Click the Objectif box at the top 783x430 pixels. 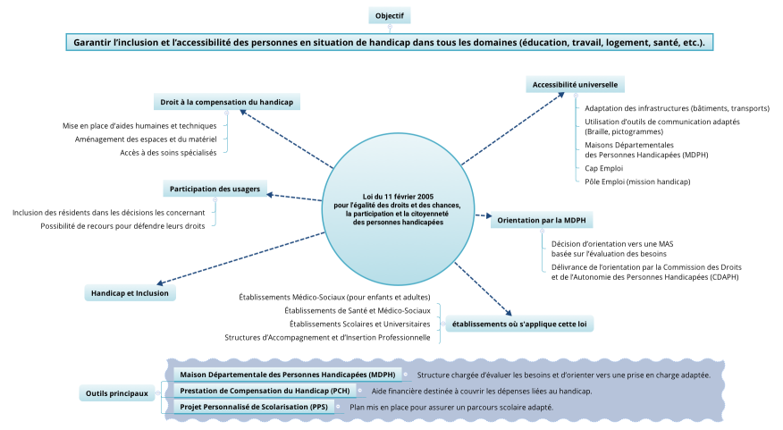[390, 16]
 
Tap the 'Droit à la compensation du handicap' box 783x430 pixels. [226, 102]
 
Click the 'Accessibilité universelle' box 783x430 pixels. [575, 85]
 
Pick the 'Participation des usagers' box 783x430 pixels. [215, 189]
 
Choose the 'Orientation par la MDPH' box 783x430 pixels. [543, 219]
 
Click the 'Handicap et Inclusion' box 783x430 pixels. [130, 292]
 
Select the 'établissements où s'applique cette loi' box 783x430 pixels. [522, 324]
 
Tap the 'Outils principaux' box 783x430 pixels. [117, 392]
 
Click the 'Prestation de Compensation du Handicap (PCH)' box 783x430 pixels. [265, 391]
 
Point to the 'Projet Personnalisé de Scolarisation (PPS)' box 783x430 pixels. [254, 407]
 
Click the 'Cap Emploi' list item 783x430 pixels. [603, 167]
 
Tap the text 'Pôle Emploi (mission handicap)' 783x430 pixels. [625, 181]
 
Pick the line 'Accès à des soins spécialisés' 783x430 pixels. [168, 153]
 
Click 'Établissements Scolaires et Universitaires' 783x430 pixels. [359, 324]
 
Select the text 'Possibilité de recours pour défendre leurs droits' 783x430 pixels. [122, 226]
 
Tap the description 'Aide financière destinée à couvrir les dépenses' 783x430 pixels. [481, 391]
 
